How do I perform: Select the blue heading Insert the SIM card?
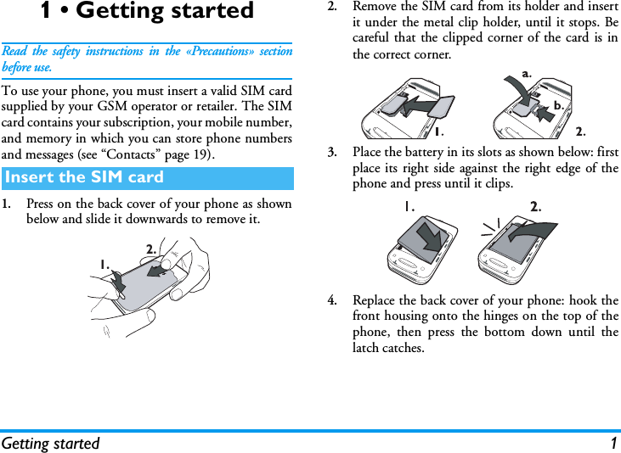click(83, 177)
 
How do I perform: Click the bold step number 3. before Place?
click(335, 153)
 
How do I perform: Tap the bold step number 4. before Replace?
click(335, 300)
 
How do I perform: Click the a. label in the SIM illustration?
click(527, 74)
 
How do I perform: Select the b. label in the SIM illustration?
click(558, 105)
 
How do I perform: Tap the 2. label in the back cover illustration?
click(151, 249)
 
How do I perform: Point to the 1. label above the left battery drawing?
click(409, 206)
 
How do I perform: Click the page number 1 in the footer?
click(613, 443)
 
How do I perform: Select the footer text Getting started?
click(50, 443)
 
